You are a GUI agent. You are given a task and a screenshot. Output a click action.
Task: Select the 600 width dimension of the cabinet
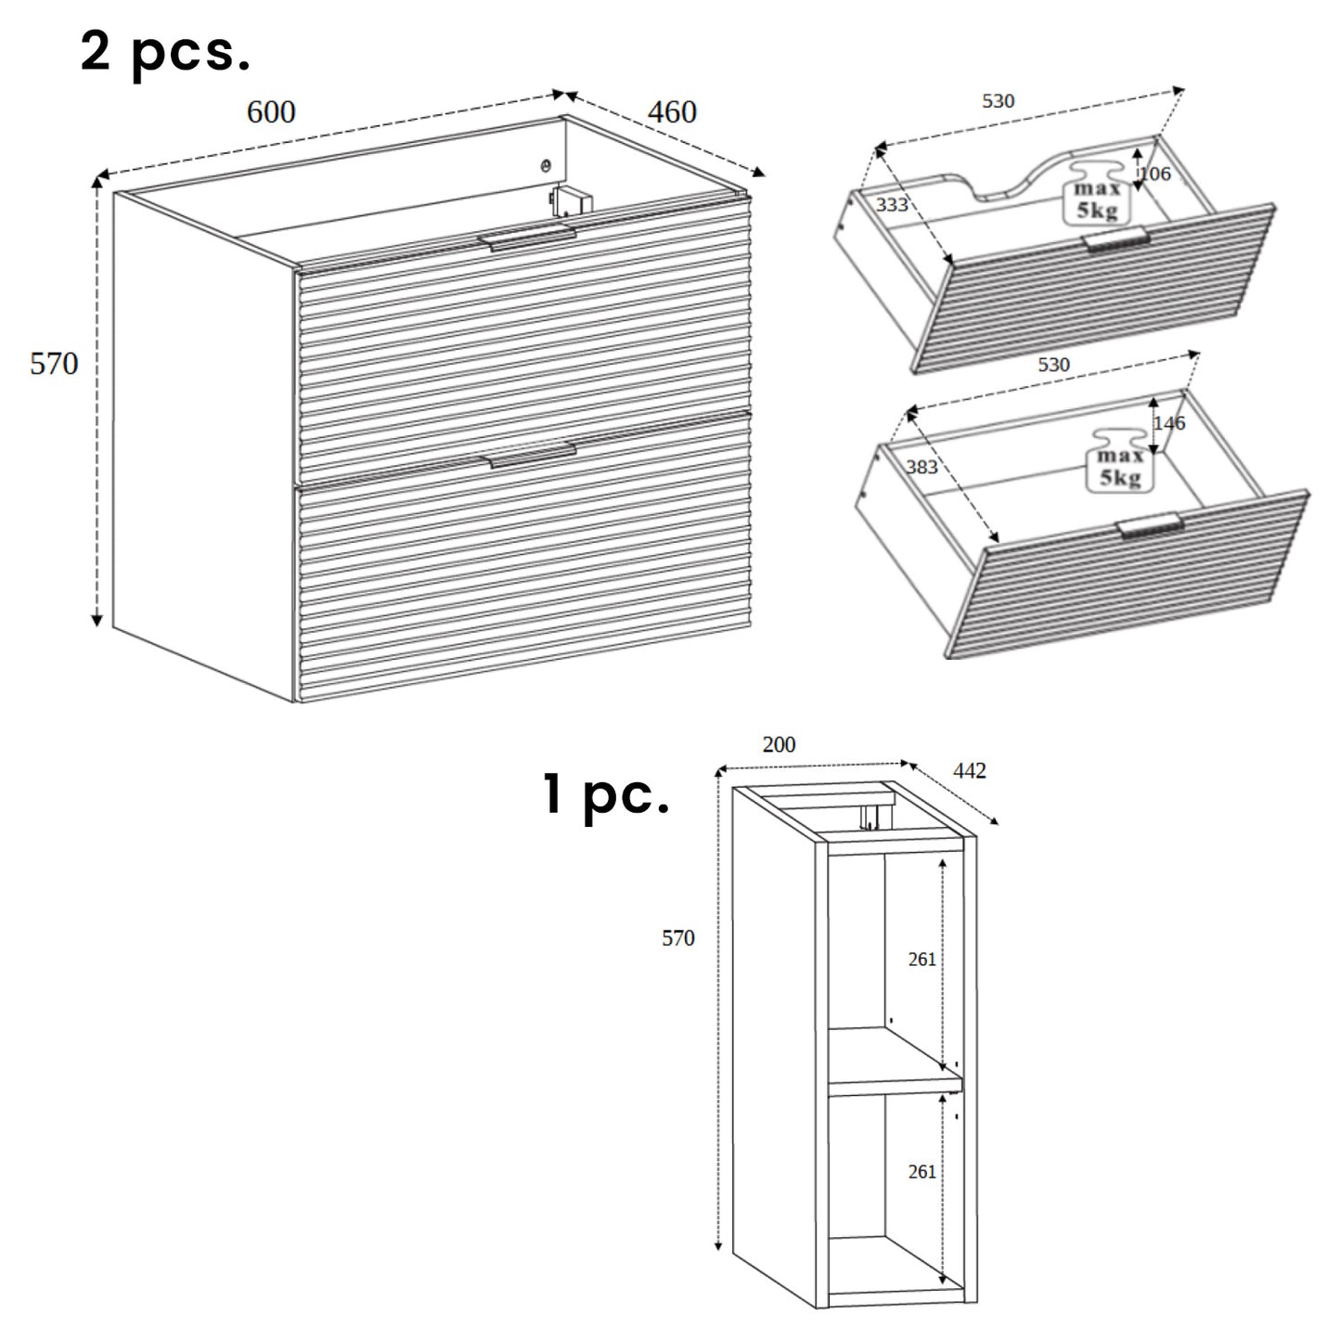point(271,112)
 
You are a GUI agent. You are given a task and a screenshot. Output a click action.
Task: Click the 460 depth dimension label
point(672,112)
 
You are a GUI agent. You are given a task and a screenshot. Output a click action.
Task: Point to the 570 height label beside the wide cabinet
point(54,364)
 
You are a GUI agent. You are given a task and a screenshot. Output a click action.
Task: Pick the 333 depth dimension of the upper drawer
point(892,204)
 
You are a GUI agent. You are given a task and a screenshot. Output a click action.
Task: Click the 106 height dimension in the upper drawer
point(1156,174)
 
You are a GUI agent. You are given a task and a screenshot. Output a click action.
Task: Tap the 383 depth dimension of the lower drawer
point(922,467)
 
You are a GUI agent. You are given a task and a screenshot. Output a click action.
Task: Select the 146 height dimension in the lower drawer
point(1170,423)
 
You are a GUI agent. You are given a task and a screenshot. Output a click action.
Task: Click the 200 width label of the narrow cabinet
point(779,744)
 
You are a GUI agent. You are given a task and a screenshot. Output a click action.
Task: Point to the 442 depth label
point(970,771)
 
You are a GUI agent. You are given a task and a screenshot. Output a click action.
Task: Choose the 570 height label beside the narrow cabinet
point(677,938)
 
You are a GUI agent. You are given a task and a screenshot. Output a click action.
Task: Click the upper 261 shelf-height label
point(922,960)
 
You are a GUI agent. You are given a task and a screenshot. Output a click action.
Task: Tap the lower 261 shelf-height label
point(922,1172)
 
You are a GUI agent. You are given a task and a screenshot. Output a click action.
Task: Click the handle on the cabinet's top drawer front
point(527,237)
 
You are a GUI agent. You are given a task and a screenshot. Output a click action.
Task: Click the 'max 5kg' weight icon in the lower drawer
point(1120,461)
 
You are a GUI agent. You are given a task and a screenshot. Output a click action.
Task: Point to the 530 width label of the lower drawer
point(1053,365)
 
